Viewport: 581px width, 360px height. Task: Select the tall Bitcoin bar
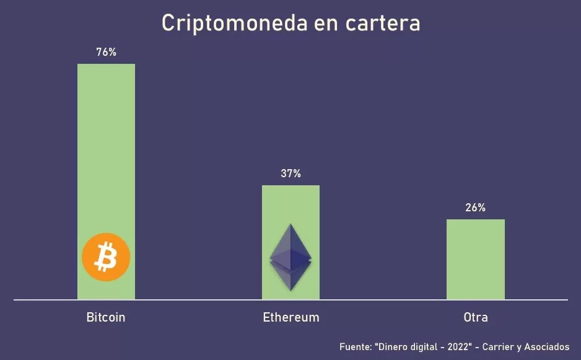106,155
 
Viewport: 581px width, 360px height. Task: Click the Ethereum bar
290,204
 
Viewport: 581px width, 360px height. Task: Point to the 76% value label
106,53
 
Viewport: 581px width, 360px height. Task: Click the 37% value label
290,174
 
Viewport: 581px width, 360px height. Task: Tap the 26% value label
475,208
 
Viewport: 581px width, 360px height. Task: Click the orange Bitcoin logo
106,257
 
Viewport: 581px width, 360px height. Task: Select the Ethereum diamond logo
290,257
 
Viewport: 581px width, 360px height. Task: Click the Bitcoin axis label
106,318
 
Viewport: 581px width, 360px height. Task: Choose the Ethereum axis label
291,318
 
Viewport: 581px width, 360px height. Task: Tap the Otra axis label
476,318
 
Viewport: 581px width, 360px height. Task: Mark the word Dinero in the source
392,346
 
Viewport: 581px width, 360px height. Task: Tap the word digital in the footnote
424,346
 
